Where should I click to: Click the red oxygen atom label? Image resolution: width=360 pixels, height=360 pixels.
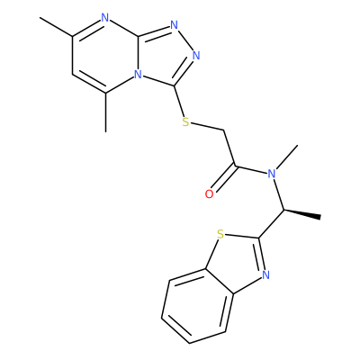[209, 194]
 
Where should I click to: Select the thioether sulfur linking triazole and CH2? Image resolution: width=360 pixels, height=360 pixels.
[186, 121]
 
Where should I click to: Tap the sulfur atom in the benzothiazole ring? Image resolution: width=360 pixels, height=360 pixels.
[220, 234]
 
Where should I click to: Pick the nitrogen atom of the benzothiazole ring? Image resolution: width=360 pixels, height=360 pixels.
[265, 274]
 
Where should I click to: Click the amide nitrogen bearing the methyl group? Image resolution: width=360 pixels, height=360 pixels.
[272, 174]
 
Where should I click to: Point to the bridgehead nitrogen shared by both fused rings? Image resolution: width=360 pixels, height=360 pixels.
[138, 74]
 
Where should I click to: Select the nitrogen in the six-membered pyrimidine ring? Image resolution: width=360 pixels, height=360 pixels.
[105, 18]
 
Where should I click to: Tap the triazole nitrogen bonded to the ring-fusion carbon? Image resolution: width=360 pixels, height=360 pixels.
[175, 25]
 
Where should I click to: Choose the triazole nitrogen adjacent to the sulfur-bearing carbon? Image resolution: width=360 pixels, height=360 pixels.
[196, 56]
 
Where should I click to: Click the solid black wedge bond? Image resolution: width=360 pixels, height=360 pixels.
[302, 213]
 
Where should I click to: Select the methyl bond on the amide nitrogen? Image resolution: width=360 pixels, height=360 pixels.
[287, 157]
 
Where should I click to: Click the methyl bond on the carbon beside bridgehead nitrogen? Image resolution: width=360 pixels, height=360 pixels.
[105, 112]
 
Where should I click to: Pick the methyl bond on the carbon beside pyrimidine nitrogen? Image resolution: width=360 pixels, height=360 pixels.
[56, 27]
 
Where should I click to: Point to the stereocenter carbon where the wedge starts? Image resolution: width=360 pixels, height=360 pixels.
[283, 210]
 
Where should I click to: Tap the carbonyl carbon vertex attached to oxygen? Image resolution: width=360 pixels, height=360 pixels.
[236, 166]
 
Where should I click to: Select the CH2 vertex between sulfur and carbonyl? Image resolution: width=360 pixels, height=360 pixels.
[224, 130]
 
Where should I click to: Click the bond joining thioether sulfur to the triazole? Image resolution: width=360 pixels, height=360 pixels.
[179, 101]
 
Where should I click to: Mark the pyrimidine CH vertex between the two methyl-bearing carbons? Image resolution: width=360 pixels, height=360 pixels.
[73, 73]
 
